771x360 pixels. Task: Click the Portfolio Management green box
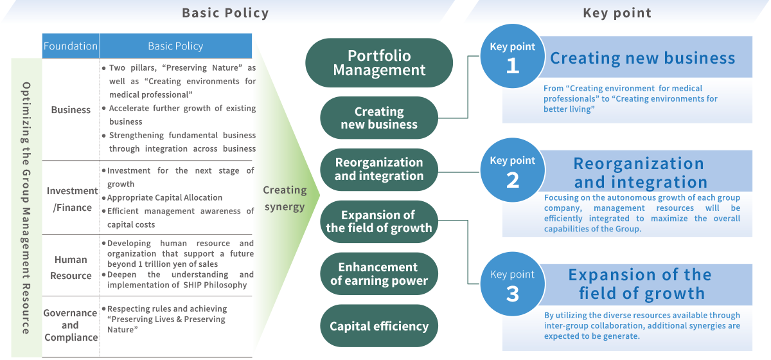coord(379,63)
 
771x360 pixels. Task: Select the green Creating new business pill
coord(379,118)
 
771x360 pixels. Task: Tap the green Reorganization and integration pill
coord(379,169)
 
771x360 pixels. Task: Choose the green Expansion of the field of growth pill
coord(379,221)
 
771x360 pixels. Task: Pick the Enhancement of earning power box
coord(379,274)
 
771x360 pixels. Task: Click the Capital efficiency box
coord(379,327)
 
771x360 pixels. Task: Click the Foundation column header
coord(71,46)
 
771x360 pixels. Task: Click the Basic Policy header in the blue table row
coord(175,46)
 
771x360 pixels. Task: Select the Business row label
coord(71,110)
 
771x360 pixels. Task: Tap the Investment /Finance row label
coord(71,199)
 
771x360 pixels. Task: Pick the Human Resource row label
coord(71,267)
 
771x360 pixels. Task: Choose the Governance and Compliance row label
coord(71,325)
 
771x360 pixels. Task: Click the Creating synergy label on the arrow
coord(285,198)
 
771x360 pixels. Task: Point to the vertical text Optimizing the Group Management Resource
coord(26,207)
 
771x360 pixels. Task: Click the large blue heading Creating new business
coord(642,58)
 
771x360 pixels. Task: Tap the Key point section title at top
coord(617,13)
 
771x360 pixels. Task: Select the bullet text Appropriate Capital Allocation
coord(164,197)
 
